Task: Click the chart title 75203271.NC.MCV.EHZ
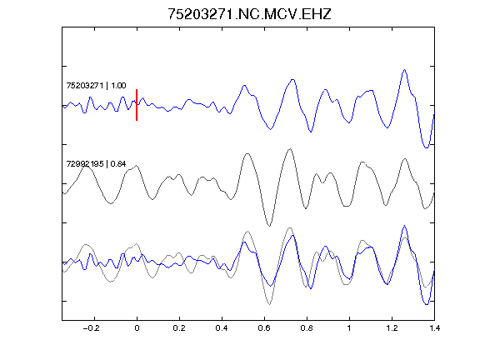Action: [x=249, y=14]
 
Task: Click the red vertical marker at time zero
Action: [x=137, y=105]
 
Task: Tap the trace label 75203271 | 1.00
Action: [x=96, y=85]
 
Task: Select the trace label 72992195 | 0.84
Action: [x=96, y=164]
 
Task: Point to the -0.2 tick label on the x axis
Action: [x=91, y=328]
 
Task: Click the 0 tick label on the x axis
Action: [x=137, y=328]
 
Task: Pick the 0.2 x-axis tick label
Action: [x=179, y=328]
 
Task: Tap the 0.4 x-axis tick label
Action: [x=222, y=328]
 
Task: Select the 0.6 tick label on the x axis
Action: [x=264, y=328]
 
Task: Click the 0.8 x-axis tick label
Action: [x=307, y=328]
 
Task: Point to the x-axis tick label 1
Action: [x=349, y=328]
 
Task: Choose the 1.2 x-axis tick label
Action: [x=392, y=328]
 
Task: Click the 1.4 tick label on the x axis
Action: [x=434, y=328]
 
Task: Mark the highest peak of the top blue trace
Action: [x=405, y=70]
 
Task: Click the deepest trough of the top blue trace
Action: [x=426, y=147]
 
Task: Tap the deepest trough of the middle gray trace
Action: [x=269, y=226]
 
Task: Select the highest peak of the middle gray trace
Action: [x=290, y=149]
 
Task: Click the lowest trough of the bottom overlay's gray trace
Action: [x=269, y=304]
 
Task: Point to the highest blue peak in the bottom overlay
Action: [x=405, y=226]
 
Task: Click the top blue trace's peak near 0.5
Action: [x=244, y=85]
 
